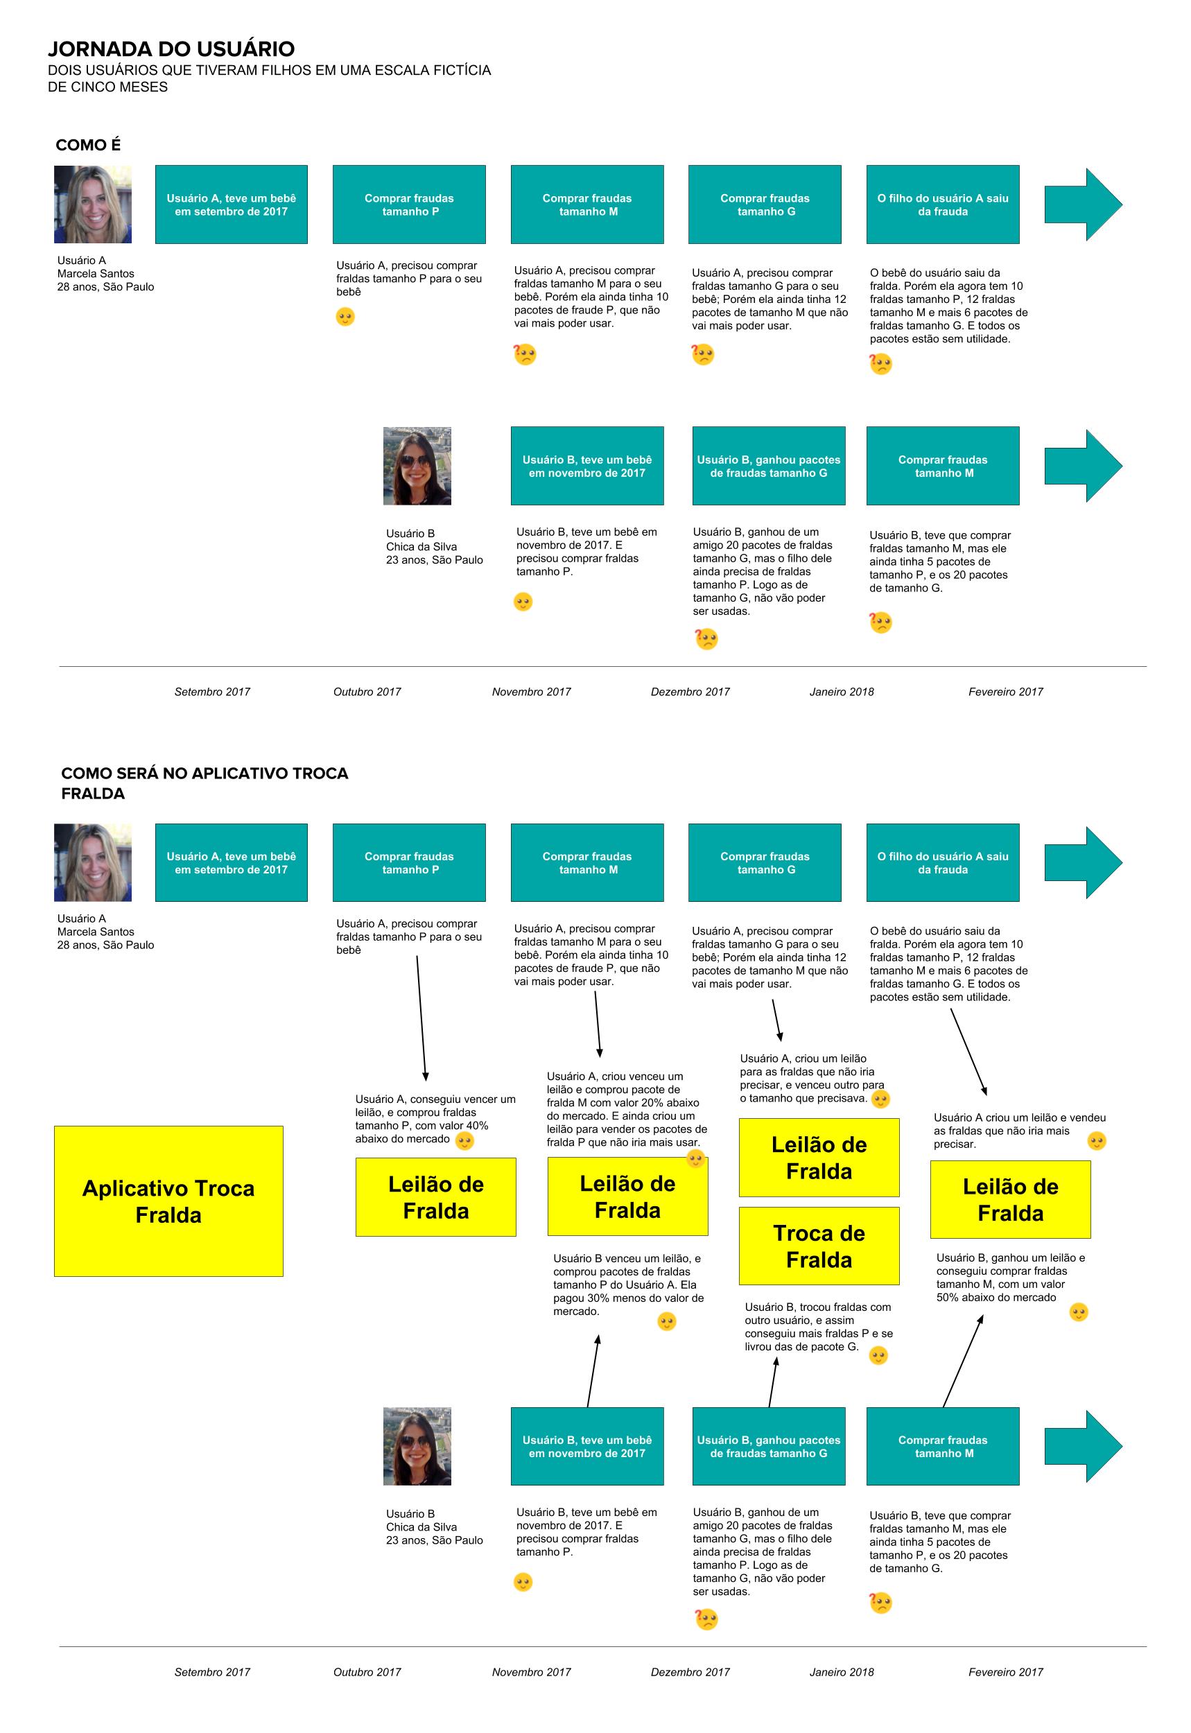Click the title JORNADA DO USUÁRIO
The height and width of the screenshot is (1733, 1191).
coord(172,49)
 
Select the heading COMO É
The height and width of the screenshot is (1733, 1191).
coord(88,145)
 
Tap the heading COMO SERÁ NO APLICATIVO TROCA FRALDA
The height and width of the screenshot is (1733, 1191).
coord(205,783)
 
